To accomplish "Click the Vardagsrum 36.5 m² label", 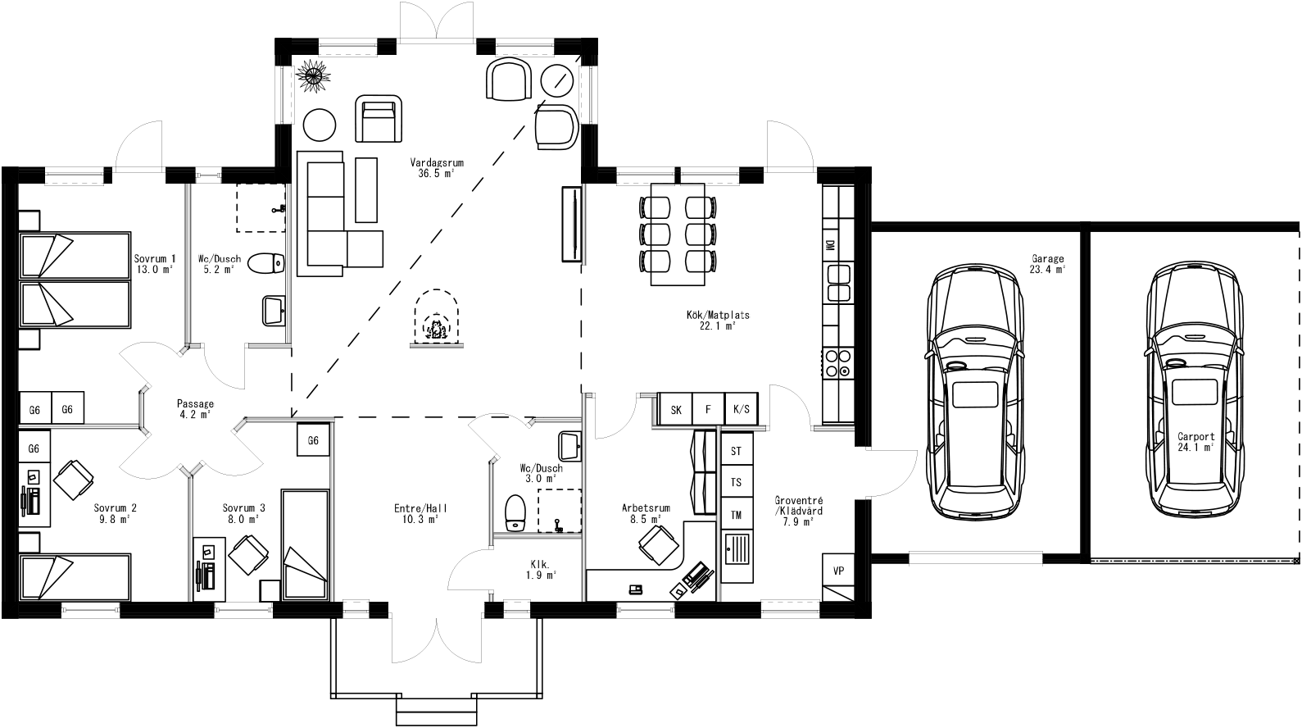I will [437, 168].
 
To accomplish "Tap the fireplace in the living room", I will [437, 320].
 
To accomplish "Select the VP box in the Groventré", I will [838, 571].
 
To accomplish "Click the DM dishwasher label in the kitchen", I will [830, 245].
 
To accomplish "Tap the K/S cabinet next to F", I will [742, 409].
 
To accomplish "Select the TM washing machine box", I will [736, 514].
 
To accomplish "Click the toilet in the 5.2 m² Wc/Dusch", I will [266, 263].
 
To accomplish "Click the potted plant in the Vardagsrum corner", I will [313, 75].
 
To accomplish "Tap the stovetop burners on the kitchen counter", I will [837, 363].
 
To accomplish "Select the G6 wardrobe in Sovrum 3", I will [313, 440].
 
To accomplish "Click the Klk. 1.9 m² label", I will [540, 570].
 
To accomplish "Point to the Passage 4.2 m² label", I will [196, 409].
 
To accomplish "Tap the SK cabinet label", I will [676, 409].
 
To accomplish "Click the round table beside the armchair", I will [319, 125].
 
